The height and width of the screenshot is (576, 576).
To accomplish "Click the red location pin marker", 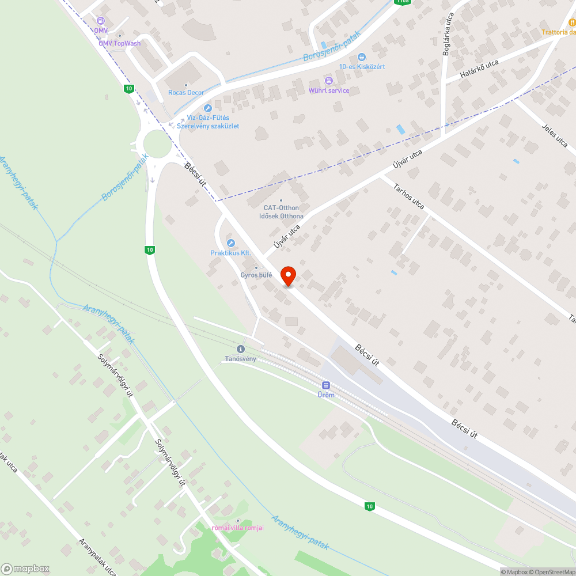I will (x=288, y=276).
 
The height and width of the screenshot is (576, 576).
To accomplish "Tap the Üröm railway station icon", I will (x=325, y=385).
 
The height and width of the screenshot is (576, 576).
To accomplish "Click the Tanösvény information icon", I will (x=241, y=349).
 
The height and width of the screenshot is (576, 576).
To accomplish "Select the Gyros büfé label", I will (x=256, y=275).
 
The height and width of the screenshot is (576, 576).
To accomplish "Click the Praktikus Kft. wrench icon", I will (x=231, y=243).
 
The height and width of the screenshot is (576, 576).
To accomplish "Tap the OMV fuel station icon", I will (x=101, y=21).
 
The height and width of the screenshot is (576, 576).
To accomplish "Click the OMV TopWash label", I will (x=119, y=43).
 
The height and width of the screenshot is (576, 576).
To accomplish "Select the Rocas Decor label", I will (x=186, y=92).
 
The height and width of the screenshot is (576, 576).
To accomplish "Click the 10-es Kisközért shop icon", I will (x=361, y=56).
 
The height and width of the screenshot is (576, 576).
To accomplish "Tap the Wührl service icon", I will (x=329, y=81).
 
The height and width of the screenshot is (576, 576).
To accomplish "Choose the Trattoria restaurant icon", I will (x=572, y=22).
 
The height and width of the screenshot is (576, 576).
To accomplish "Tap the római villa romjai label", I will (x=238, y=528).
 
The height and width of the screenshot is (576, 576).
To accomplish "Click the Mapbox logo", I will (x=25, y=569).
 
